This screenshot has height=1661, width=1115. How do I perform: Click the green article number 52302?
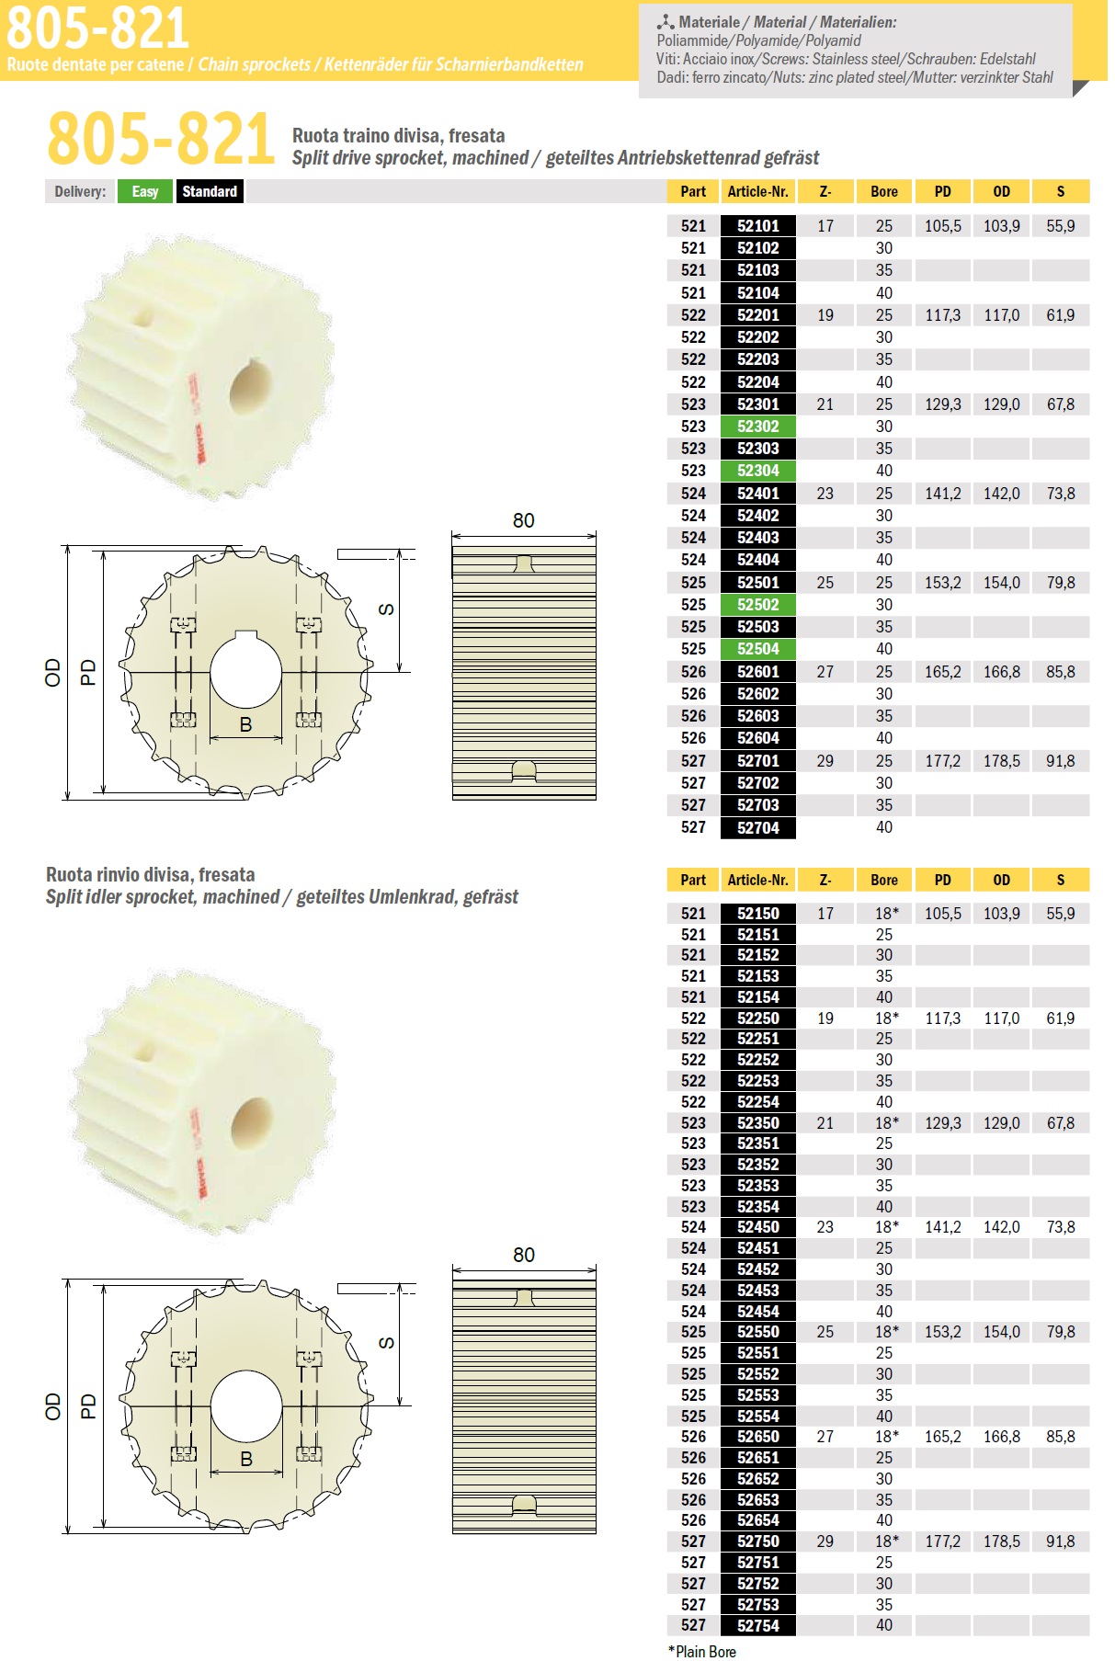click(757, 427)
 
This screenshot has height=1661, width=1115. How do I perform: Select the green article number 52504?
click(757, 649)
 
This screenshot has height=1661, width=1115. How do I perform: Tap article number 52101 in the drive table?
click(757, 226)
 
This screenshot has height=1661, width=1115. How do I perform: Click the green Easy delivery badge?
click(145, 191)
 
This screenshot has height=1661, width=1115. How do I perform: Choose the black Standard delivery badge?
click(210, 191)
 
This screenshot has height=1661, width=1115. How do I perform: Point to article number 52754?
click(757, 1625)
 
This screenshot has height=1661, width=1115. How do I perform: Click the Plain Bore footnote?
click(702, 1652)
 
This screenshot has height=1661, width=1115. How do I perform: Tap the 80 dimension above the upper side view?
click(524, 520)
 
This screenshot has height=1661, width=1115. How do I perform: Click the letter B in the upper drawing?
click(245, 724)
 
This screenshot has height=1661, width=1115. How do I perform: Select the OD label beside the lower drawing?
click(52, 1406)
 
